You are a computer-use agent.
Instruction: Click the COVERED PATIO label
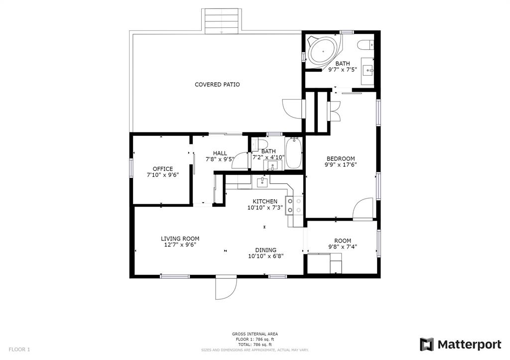point(217,85)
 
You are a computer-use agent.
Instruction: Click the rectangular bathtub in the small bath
point(294,153)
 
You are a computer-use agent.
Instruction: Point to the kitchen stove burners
point(294,206)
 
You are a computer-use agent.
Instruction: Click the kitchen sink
point(262,182)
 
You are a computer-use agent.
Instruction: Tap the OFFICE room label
point(163,169)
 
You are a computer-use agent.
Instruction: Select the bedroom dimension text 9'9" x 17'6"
point(341,164)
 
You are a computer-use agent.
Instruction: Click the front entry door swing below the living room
point(226,287)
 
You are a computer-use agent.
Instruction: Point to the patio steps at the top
point(223,21)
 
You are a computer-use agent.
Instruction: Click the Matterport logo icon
point(426,345)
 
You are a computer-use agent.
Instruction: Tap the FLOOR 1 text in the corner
point(19,350)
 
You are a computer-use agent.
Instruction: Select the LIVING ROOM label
point(180,239)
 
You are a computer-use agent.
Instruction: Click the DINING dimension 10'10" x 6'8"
point(266,256)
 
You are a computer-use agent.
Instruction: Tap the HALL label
point(220,153)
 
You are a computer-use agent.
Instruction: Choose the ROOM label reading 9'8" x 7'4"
point(343,240)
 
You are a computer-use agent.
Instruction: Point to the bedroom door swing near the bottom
point(363,209)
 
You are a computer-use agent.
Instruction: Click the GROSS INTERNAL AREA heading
point(255,334)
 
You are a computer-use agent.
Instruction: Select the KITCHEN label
point(265,202)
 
